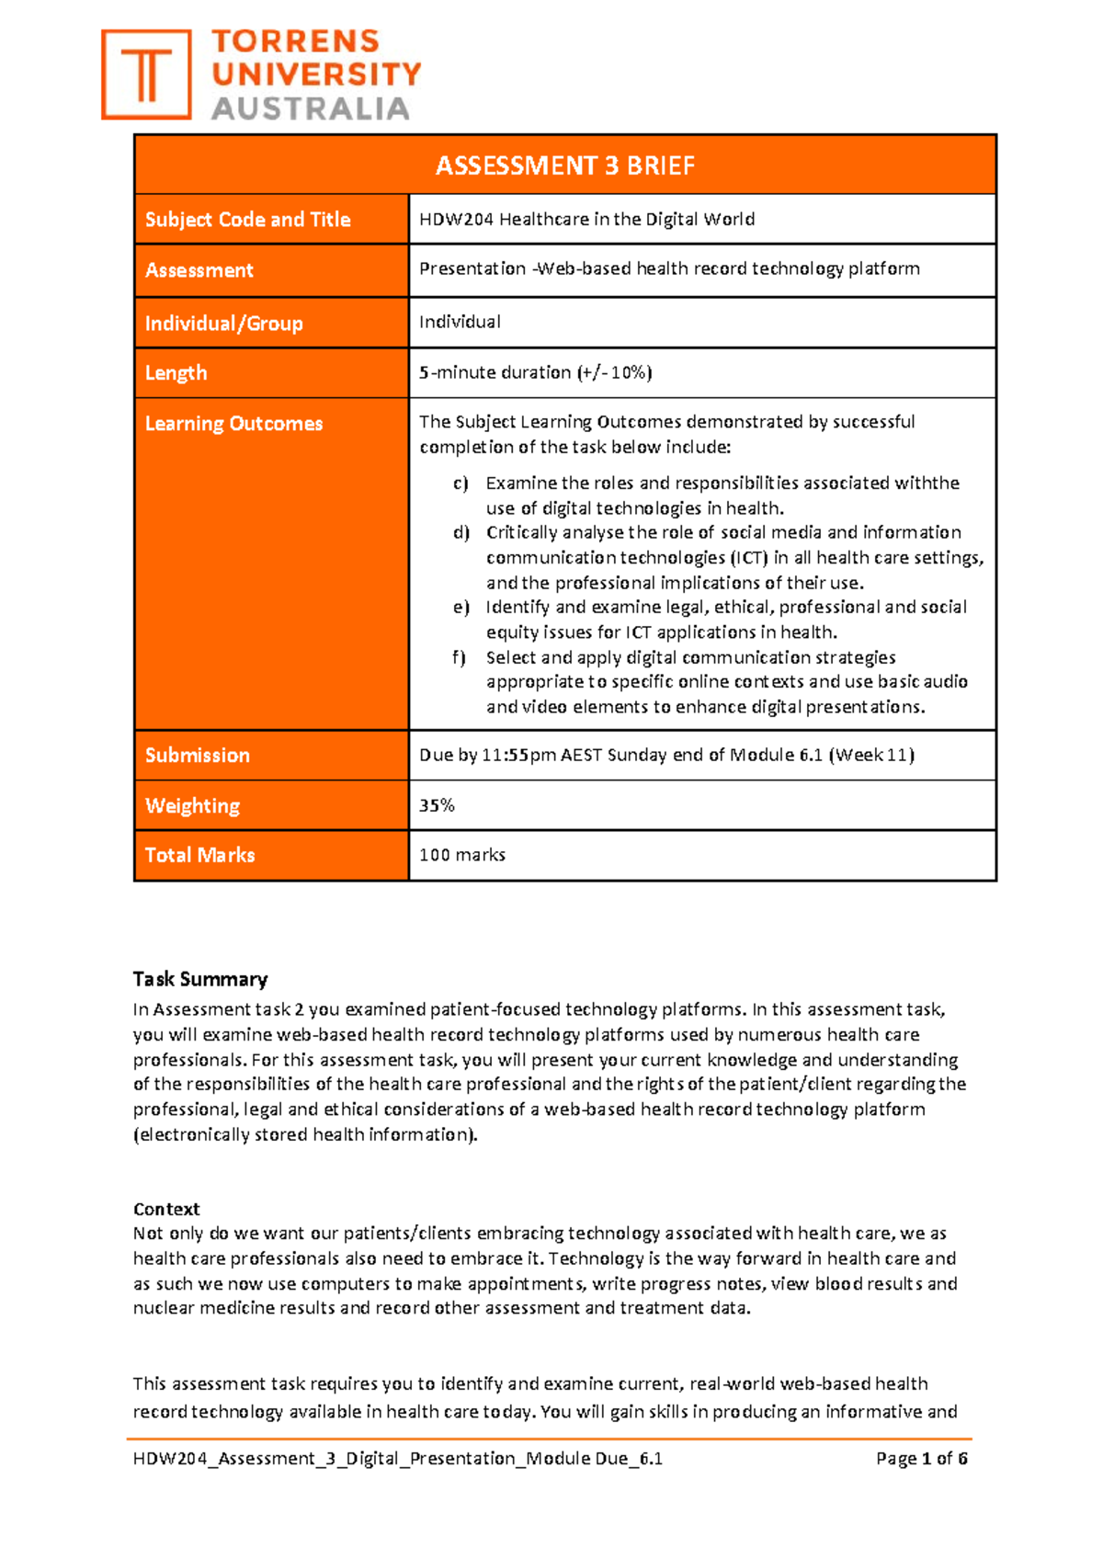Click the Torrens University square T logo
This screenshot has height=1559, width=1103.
(146, 74)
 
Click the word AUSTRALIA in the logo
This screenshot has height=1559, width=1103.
(311, 108)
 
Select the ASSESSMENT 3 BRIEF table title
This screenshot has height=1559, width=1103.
(564, 165)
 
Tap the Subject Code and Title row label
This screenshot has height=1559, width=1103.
(247, 220)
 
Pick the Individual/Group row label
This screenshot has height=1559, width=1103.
(223, 324)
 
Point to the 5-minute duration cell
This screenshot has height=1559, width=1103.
(535, 372)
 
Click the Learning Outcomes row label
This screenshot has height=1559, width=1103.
(233, 424)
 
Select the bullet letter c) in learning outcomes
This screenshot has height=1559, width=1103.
(461, 484)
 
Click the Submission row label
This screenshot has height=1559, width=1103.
(197, 756)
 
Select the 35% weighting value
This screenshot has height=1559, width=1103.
(437, 805)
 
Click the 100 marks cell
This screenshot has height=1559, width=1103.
(461, 855)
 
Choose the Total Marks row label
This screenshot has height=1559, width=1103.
(199, 855)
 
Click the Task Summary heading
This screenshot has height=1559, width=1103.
(199, 979)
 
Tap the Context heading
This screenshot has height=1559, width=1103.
(165, 1209)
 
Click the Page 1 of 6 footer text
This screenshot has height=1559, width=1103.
(921, 1459)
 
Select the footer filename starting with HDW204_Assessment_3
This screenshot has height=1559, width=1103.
(397, 1459)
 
